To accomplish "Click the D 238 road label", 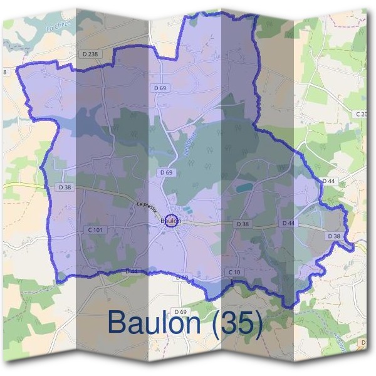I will tap(90, 55).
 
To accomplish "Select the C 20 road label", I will tap(361, 114).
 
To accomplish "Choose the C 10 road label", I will tap(234, 271).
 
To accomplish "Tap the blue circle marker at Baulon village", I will tap(171, 221).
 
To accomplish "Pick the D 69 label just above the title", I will tap(180, 311).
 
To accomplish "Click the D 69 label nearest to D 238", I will tap(160, 88).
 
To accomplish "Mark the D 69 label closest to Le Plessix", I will tap(166, 172).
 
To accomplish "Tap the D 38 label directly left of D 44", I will tap(243, 224).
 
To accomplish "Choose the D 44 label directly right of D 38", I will tap(288, 223).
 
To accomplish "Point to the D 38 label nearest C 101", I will tap(65, 187).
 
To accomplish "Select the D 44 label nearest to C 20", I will tap(329, 181).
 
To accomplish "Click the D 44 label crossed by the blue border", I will tap(132, 271).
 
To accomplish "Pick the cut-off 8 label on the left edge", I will tap(6, 73).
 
